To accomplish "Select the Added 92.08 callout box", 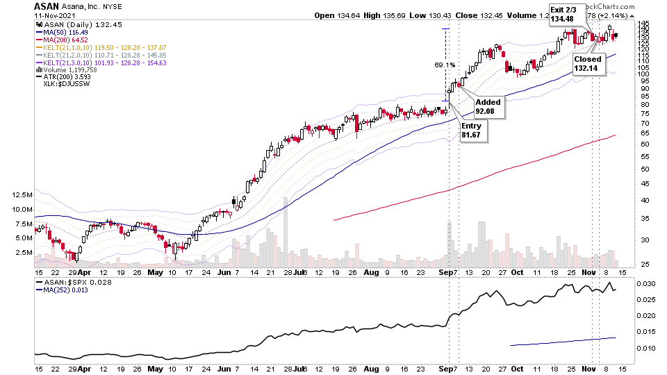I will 488,106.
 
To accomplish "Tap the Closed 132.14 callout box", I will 587,64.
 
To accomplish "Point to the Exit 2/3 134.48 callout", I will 563,15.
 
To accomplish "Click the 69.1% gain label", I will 445,65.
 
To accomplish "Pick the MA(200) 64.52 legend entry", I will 65,40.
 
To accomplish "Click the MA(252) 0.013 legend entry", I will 66,292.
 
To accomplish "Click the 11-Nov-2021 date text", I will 57,15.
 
